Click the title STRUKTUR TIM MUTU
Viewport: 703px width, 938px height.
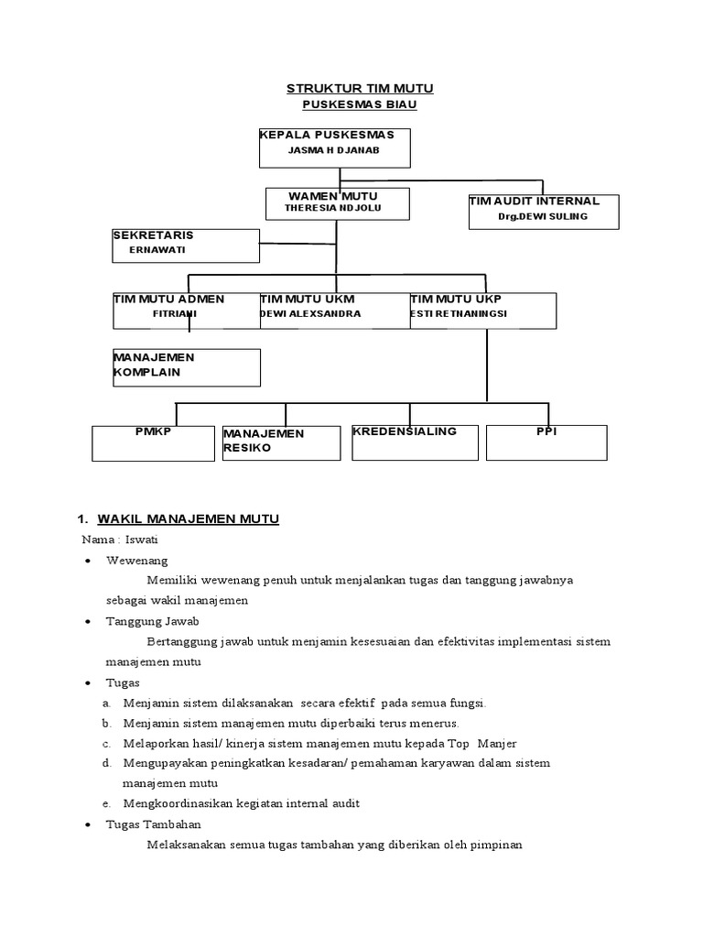tap(360, 88)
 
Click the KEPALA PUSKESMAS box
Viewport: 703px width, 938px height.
tap(334, 147)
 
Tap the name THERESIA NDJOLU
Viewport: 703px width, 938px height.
tap(332, 209)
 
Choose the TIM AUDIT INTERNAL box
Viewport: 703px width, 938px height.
tap(543, 211)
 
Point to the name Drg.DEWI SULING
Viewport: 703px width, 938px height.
tap(543, 217)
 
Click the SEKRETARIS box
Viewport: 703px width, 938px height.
tap(186, 245)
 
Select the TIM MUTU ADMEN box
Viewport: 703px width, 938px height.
tap(186, 311)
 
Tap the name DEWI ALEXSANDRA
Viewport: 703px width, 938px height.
tap(310, 313)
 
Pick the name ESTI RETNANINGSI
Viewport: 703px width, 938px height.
tap(459, 313)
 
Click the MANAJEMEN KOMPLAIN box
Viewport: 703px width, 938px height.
tap(186, 366)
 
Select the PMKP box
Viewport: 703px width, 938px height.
tap(153, 442)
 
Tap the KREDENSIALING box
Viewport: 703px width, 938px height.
tap(416, 442)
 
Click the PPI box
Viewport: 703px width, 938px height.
tap(546, 442)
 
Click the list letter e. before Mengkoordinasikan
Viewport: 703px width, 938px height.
tap(106, 803)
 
